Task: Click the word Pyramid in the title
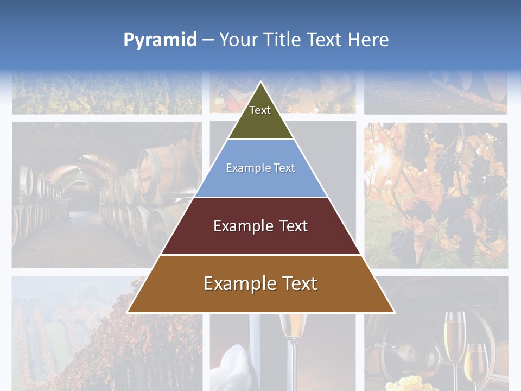(160, 40)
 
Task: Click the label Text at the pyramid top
(260, 110)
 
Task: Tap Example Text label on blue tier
(260, 168)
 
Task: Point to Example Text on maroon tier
(260, 226)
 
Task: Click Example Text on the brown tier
(260, 283)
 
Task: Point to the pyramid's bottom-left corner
(128, 312)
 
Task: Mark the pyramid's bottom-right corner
(393, 312)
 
